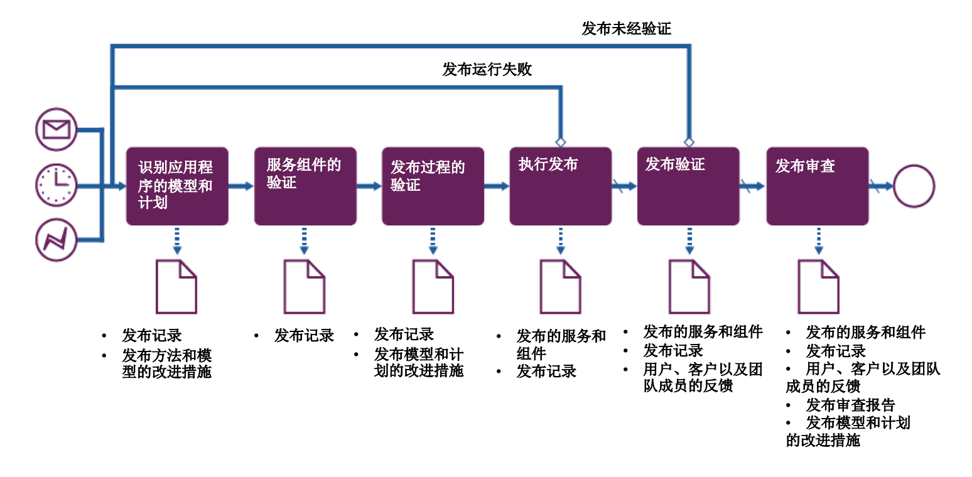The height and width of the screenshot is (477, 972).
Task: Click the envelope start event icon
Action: click(x=56, y=129)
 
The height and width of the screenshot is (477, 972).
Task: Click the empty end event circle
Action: click(x=914, y=186)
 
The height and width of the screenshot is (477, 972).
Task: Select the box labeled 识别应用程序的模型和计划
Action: click(x=177, y=186)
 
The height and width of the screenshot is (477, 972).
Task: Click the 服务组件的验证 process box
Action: click(x=305, y=186)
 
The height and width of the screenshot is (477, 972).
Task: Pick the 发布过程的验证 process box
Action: click(x=433, y=186)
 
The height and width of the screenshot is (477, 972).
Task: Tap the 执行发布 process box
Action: click(x=560, y=186)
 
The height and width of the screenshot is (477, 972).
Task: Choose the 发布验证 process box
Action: click(x=688, y=186)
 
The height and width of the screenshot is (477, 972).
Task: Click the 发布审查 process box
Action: click(x=817, y=186)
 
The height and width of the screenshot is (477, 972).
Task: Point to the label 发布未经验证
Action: click(x=626, y=28)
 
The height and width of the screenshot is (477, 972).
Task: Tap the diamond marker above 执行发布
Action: click(x=561, y=142)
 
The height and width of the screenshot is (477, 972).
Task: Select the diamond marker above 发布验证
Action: click(x=689, y=142)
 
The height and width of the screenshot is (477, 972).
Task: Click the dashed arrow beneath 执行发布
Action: click(x=561, y=240)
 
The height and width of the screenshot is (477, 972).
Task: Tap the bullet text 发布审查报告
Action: click(x=850, y=405)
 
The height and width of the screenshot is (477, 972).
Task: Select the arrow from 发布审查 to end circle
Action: click(x=880, y=186)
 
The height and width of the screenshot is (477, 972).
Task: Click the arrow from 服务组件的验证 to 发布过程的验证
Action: click(x=369, y=186)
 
